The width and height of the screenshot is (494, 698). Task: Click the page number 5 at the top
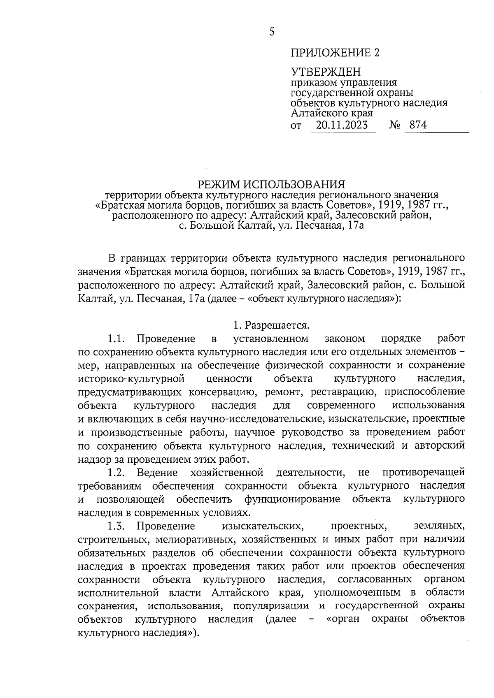click(271, 32)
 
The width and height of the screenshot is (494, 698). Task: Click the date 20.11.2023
click(342, 125)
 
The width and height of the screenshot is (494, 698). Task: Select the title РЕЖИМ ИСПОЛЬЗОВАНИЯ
click(271, 183)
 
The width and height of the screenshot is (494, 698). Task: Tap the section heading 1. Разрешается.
click(271, 325)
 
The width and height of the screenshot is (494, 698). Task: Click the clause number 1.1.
click(116, 339)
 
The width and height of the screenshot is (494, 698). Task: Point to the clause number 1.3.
click(116, 526)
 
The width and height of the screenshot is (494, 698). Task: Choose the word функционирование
click(292, 499)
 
